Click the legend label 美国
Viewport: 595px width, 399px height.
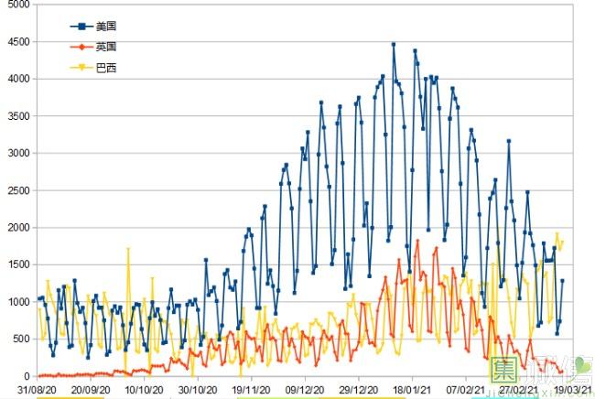coord(106,26)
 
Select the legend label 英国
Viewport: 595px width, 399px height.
coord(106,46)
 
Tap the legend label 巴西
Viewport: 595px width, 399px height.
coord(106,67)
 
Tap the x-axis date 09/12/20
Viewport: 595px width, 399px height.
coord(304,389)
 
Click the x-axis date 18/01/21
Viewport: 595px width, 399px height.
coord(412,389)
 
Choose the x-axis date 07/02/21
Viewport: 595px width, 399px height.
coord(466,389)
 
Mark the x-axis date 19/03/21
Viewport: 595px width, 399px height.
coord(570,389)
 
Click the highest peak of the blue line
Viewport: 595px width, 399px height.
coord(394,44)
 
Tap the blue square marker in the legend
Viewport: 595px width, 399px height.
coord(81,26)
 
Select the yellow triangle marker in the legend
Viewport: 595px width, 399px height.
coord(81,67)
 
